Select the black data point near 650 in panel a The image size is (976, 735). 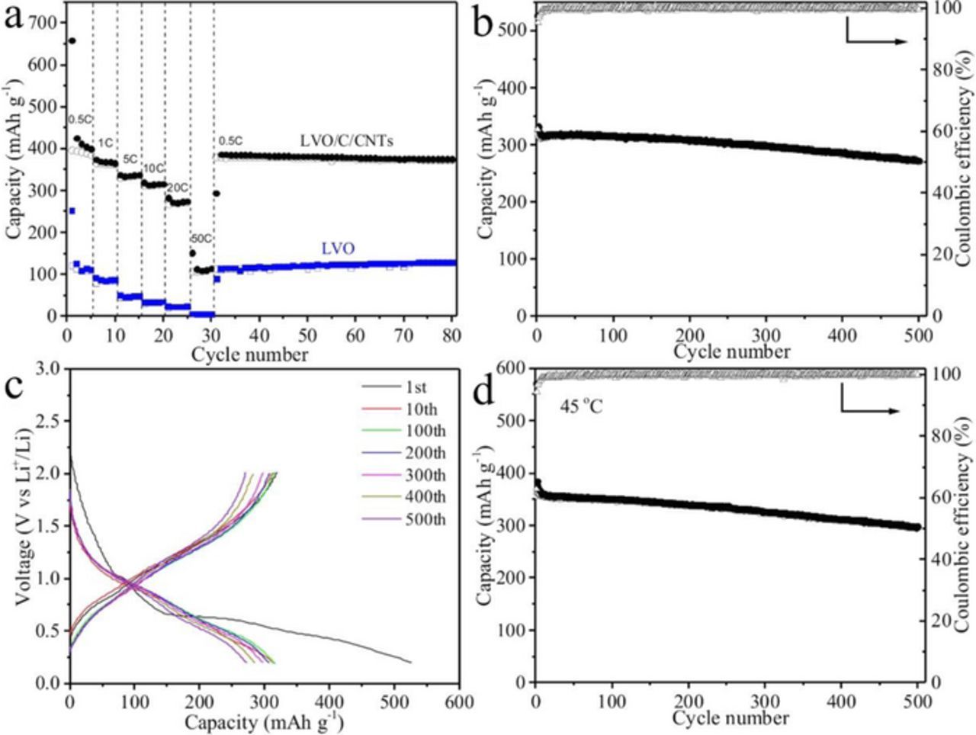[72, 41]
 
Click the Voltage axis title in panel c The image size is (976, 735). [21, 526]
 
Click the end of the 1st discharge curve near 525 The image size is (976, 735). [410, 662]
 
